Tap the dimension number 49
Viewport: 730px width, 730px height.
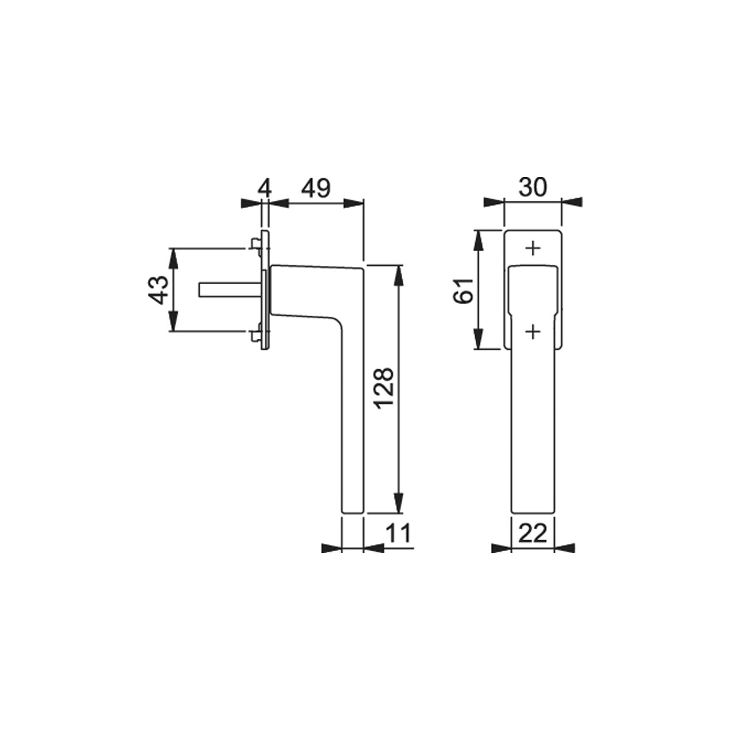tap(316, 188)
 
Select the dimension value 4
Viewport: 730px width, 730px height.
tap(265, 188)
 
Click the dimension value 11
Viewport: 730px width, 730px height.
tap(398, 533)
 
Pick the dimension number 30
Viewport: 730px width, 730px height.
tap(533, 187)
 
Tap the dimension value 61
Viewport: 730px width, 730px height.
tap(464, 291)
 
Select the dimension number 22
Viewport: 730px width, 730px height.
tap(533, 533)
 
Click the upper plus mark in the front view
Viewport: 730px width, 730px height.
tap(533, 248)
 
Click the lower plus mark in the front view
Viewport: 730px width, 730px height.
tap(533, 332)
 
